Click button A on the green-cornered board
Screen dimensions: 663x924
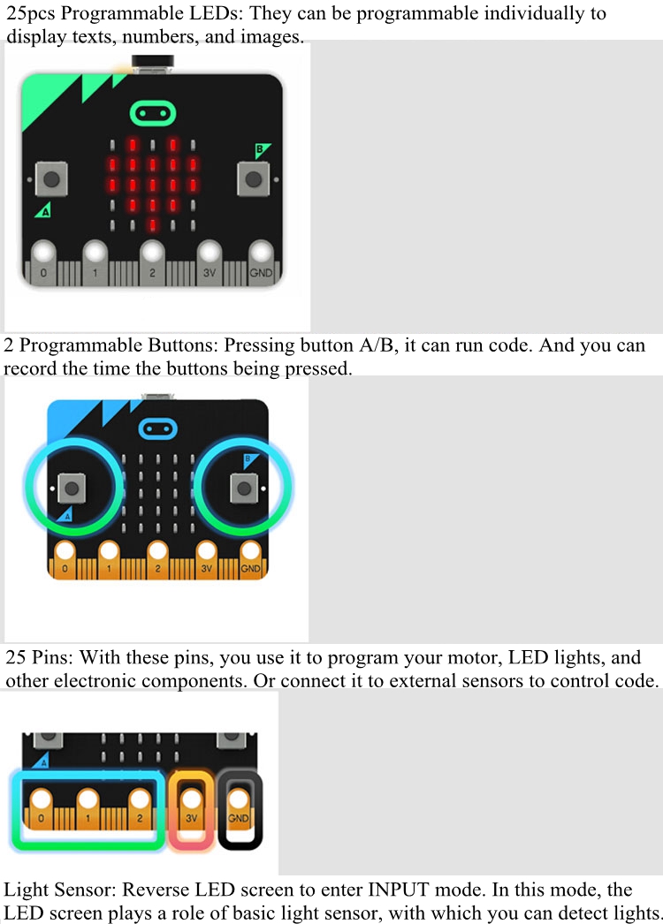pyautogui.click(x=51, y=178)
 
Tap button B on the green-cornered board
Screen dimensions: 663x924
pyautogui.click(x=254, y=178)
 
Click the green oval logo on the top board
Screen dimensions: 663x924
pyautogui.click(x=153, y=113)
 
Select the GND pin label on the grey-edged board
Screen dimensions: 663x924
pyautogui.click(x=261, y=273)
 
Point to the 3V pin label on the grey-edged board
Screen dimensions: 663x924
pyautogui.click(x=210, y=273)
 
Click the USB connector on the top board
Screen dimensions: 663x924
pyautogui.click(x=153, y=64)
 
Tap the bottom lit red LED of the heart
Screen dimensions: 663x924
pyautogui.click(x=153, y=224)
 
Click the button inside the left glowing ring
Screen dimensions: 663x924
pyautogui.click(x=72, y=488)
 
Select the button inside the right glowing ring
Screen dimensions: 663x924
pyautogui.click(x=244, y=488)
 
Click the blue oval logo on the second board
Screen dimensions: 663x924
pyautogui.click(x=157, y=429)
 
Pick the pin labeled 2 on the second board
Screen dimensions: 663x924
pyautogui.click(x=157, y=560)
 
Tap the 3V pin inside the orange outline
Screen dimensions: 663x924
pyautogui.click(x=191, y=809)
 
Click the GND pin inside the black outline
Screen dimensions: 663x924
pyautogui.click(x=239, y=809)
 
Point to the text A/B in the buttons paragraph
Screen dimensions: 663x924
pyautogui.click(x=377, y=345)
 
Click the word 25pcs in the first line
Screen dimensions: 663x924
pyautogui.click(x=31, y=13)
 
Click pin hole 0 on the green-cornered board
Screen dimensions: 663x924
pyautogui.click(x=43, y=253)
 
